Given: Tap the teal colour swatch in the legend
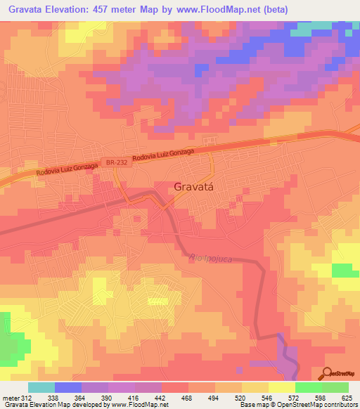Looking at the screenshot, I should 41,387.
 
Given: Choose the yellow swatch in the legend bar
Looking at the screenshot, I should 255,387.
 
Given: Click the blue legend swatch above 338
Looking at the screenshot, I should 68,387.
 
